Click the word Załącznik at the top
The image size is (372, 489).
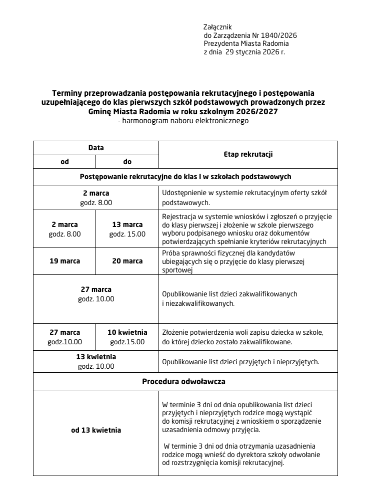tap(217, 26)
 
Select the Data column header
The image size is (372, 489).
tap(96, 148)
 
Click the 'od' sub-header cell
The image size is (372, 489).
tap(64, 162)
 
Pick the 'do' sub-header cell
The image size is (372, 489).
tap(127, 162)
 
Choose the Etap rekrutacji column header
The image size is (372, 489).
tap(248, 155)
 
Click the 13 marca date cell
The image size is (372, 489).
tap(127, 225)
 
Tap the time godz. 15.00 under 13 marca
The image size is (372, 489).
tap(127, 234)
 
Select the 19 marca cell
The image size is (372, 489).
tap(64, 261)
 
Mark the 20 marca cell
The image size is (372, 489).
tap(127, 261)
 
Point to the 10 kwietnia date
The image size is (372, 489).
tap(127, 332)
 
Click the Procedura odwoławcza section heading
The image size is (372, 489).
tap(183, 381)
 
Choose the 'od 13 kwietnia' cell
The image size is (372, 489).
tap(96, 430)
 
